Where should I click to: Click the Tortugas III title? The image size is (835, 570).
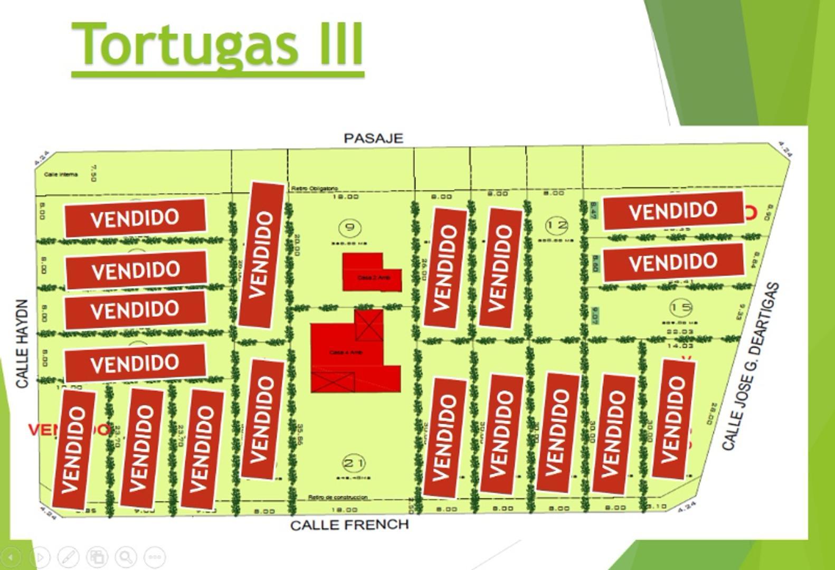[x=217, y=44]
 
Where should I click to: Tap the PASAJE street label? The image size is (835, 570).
[x=373, y=138]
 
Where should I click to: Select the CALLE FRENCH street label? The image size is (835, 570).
[x=349, y=525]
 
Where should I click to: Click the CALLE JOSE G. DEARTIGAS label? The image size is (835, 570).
[x=750, y=367]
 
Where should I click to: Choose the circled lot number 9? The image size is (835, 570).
[x=349, y=229]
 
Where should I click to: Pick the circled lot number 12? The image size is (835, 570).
[x=556, y=225]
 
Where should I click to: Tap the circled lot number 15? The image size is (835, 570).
[x=680, y=307]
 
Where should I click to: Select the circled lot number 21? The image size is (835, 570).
[x=354, y=464]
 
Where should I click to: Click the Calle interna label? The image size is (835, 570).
[x=61, y=175]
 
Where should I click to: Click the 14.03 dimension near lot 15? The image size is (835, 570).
[x=680, y=346]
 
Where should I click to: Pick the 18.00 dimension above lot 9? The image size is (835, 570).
[x=345, y=197]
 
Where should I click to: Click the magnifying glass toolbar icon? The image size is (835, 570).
[x=126, y=556]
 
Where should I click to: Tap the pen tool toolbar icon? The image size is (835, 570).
[x=68, y=556]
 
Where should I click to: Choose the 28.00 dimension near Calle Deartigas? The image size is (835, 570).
[x=714, y=414]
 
